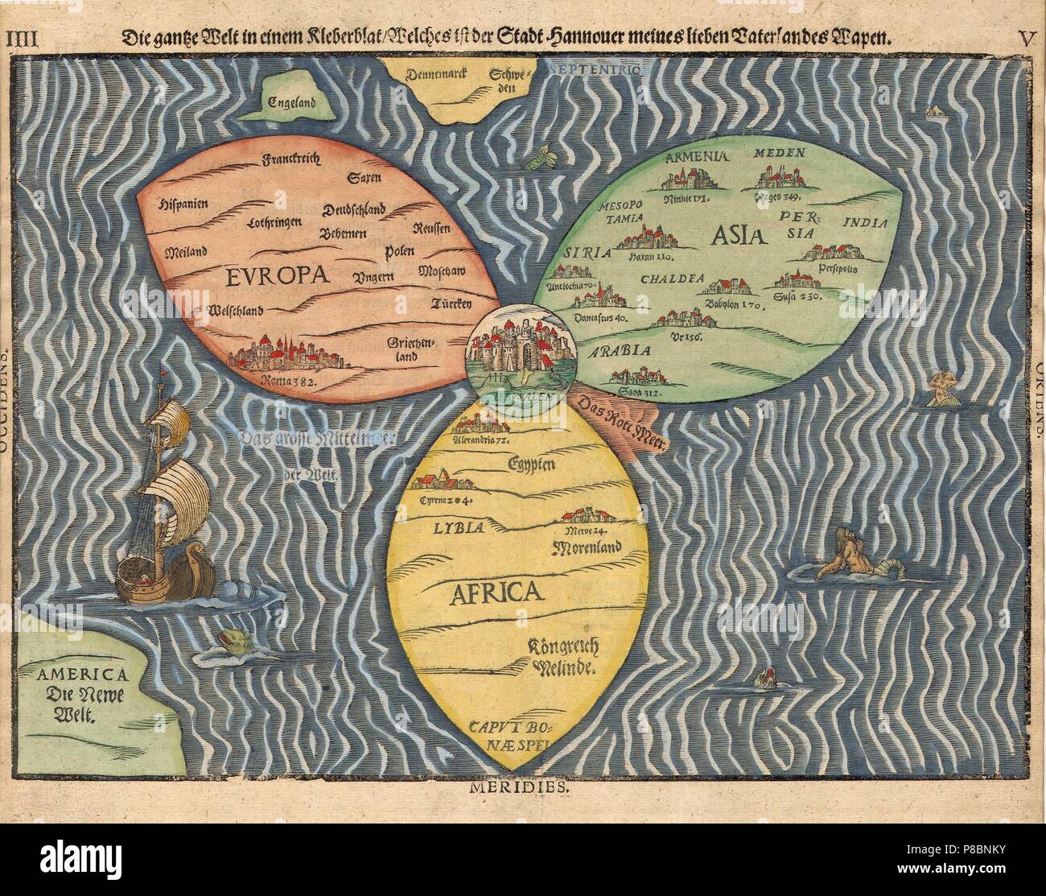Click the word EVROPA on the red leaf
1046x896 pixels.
(x=279, y=276)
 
